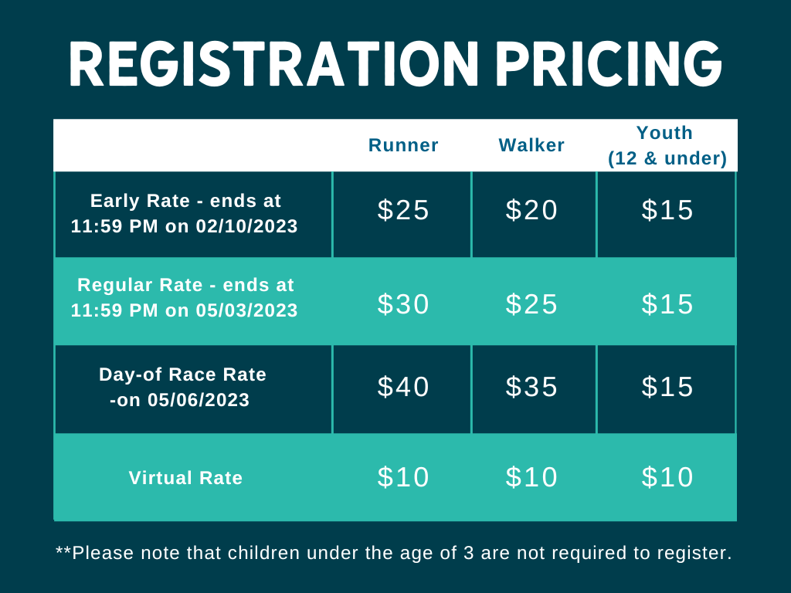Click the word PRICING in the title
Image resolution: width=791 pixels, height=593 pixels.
click(609, 64)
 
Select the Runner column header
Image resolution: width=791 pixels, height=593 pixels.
click(403, 145)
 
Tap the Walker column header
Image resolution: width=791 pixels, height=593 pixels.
click(531, 145)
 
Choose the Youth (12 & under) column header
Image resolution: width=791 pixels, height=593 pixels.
click(667, 145)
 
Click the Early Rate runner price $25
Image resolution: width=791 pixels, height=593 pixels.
click(403, 210)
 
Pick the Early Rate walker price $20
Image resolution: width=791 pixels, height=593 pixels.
click(531, 210)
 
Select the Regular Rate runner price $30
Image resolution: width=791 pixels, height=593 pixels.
click(403, 304)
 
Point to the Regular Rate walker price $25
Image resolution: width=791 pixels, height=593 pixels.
click(531, 304)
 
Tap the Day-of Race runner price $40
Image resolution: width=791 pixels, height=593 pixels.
click(403, 387)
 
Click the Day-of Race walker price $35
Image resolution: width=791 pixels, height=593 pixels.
click(531, 387)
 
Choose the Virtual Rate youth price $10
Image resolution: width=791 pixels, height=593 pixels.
click(667, 477)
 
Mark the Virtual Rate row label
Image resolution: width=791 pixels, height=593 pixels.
click(185, 478)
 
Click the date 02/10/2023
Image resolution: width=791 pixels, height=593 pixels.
click(246, 226)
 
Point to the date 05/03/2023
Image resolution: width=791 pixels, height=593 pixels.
click(246, 310)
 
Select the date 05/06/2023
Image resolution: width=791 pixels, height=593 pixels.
click(199, 401)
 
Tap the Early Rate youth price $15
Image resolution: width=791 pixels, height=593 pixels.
click(667, 210)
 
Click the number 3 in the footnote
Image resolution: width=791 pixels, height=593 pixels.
click(469, 553)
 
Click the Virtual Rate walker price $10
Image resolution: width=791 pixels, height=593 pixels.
click(531, 477)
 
